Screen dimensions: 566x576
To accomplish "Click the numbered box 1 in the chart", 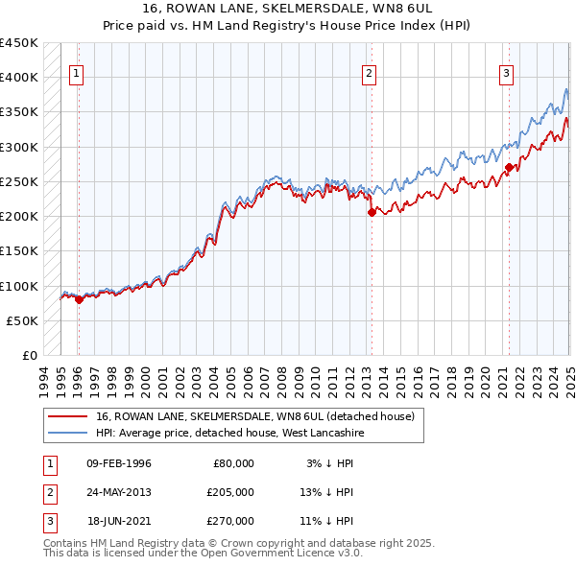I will (x=76, y=72).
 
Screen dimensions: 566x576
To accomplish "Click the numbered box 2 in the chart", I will (x=369, y=72).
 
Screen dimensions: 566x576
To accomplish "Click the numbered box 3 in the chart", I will (x=506, y=72).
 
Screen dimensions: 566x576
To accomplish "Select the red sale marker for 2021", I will (x=508, y=168).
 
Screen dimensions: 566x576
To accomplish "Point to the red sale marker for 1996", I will (x=79, y=299).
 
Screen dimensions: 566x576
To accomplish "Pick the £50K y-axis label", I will (x=22, y=320).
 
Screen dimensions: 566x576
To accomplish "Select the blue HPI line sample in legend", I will (x=67, y=434).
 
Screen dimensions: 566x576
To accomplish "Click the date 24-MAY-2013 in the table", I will (x=119, y=492).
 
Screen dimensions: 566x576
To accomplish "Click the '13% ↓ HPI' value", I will (x=326, y=492).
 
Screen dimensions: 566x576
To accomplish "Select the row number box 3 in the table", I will (x=48, y=521).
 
